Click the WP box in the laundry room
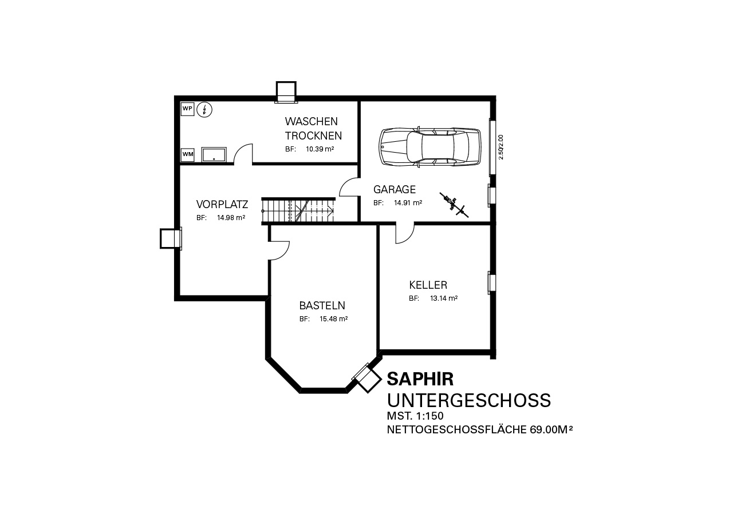tap(187, 109)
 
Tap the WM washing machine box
tap(187, 154)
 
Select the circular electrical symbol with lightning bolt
tap(204, 110)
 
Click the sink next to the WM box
tap(214, 154)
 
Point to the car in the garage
tap(430, 146)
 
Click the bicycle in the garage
tap(454, 205)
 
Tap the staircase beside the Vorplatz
tap(298, 211)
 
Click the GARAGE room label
tap(395, 189)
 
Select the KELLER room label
tap(428, 285)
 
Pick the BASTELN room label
tap(322, 306)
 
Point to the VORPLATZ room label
tap(222, 205)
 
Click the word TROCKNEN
tap(313, 136)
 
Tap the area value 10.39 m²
tap(320, 149)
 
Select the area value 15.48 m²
tap(333, 319)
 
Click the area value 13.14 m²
tap(444, 298)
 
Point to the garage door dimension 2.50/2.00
tap(501, 147)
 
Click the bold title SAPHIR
tap(420, 379)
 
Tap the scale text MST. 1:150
tap(415, 416)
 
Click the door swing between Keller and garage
tap(405, 233)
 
